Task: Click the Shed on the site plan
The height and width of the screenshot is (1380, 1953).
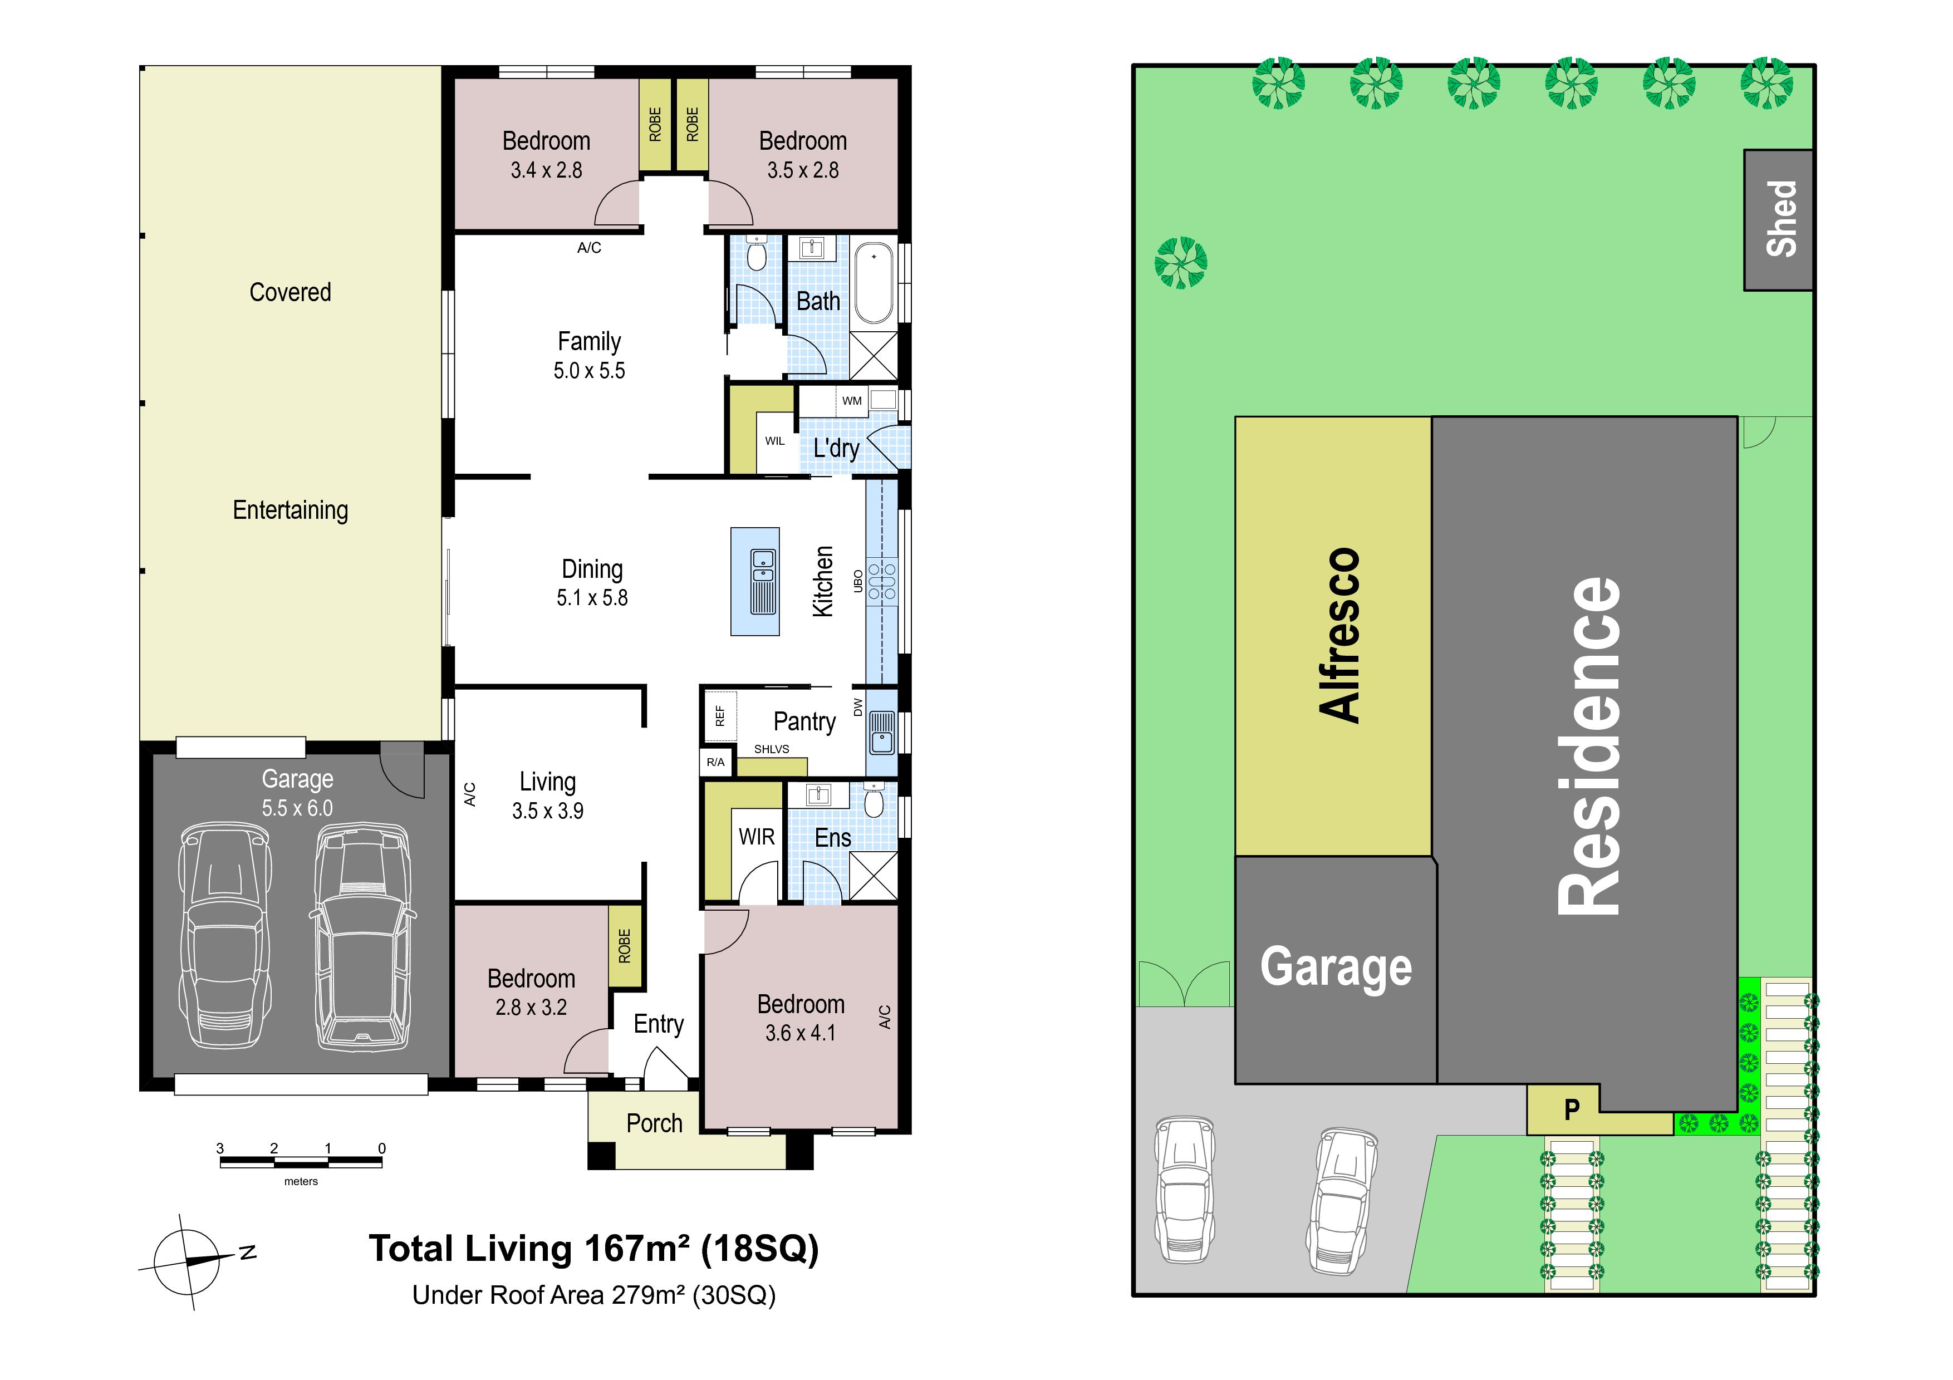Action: (x=1779, y=220)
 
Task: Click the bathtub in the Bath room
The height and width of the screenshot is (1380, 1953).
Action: (x=873, y=284)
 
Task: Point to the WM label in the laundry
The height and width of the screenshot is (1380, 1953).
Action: (x=851, y=400)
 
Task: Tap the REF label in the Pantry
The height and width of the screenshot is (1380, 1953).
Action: (x=720, y=715)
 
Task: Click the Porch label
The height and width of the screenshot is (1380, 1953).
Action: (x=654, y=1123)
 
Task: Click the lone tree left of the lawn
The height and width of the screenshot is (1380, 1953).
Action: (x=1181, y=262)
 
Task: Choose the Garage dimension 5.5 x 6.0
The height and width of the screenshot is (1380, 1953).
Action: (x=297, y=808)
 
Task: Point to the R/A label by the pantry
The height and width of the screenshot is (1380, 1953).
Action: (x=715, y=762)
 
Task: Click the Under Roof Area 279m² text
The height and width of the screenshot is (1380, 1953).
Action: (x=593, y=1295)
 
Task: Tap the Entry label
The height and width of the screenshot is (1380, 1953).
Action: (x=659, y=1025)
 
